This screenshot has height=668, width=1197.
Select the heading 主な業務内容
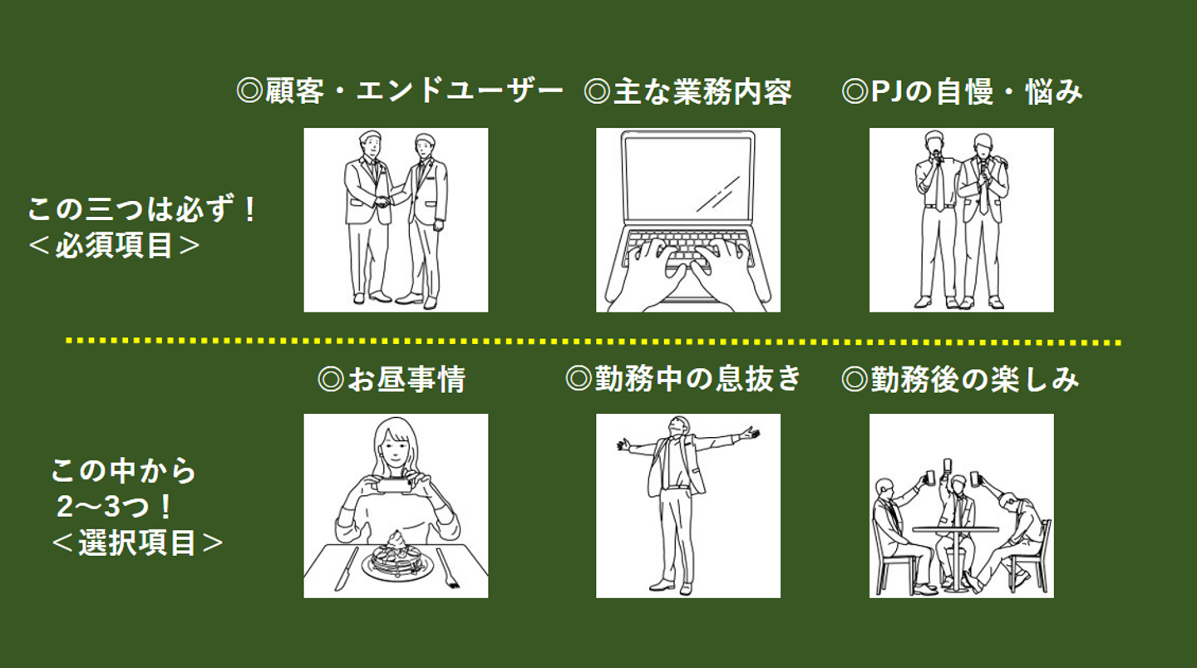click(687, 91)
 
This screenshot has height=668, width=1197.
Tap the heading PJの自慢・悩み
click(962, 91)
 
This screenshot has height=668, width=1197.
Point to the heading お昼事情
click(392, 380)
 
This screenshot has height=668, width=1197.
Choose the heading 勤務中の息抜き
click(683, 379)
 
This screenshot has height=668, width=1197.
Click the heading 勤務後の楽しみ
click(960, 380)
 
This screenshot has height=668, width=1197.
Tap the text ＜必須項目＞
click(114, 246)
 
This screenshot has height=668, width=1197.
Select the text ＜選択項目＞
click(137, 543)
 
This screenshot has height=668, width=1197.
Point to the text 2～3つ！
click(114, 507)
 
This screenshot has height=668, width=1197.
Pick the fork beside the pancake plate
click(448, 569)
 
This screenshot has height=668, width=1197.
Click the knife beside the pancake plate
click(347, 568)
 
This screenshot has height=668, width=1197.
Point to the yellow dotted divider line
click(594, 341)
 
